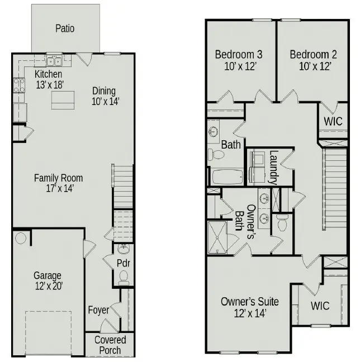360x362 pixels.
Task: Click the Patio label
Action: (x=65, y=28)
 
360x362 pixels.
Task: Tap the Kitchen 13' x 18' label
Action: (x=48, y=79)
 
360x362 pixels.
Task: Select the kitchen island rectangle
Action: (x=63, y=101)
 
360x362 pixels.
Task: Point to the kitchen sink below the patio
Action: (x=54, y=61)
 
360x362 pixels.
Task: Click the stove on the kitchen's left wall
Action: (x=18, y=85)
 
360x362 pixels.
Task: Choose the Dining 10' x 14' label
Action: (x=104, y=96)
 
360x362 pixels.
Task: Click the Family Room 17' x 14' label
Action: (x=58, y=183)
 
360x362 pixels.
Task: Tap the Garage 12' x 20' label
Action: (x=48, y=280)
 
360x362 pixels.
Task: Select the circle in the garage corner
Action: (x=21, y=239)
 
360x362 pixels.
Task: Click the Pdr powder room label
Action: (x=124, y=263)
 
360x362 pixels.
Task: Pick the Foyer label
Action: (x=99, y=309)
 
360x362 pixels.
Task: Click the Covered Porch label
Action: (x=110, y=345)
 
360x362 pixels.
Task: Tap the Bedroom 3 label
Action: (x=239, y=60)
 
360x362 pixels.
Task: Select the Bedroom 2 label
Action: (x=313, y=60)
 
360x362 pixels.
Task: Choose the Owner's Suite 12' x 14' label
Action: (x=249, y=307)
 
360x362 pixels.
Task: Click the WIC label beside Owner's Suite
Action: (x=320, y=306)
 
